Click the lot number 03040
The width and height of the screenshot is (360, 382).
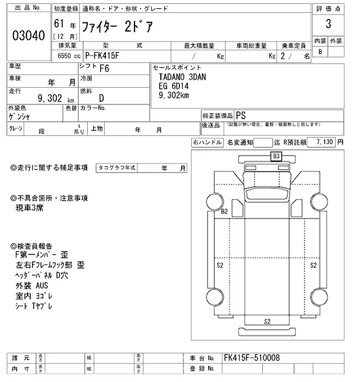point(28,36)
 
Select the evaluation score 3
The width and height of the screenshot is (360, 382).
point(327,25)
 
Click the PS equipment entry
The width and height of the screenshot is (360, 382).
point(240,113)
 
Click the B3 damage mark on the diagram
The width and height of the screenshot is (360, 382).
point(276,157)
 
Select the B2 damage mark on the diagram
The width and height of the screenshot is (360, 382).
point(224,211)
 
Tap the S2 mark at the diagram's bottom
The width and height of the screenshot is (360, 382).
point(268,321)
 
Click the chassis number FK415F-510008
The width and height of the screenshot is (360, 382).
point(251,358)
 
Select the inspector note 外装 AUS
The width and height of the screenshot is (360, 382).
point(32,286)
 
